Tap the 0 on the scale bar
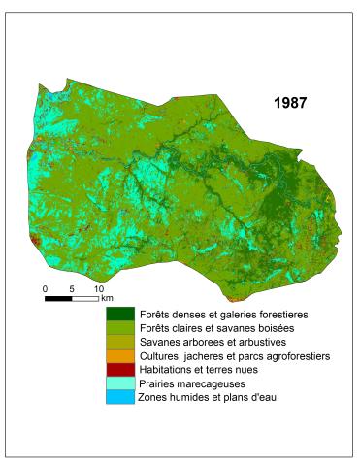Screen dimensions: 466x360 point(45,289)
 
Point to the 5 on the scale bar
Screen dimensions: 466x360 point(72,289)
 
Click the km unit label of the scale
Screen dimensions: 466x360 point(107,299)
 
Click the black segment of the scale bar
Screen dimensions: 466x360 point(58,298)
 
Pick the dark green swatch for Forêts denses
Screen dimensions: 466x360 point(121,315)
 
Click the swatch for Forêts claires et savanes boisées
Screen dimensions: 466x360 point(121,328)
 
